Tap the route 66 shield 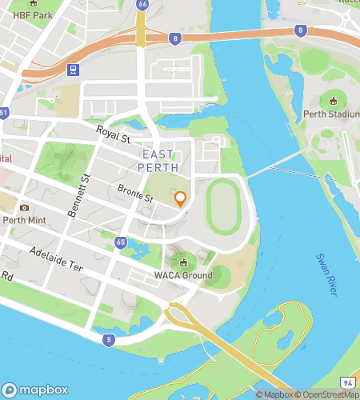tap(142, 4)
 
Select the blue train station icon tap(73, 70)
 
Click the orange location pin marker tap(181, 199)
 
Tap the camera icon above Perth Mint tap(24, 207)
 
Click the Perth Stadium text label tap(331, 114)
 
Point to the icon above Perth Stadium tap(332, 101)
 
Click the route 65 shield tap(121, 241)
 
